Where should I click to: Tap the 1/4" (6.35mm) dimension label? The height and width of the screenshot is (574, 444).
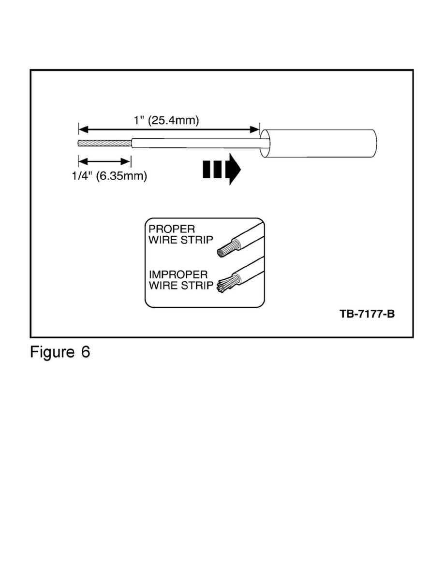click(106, 176)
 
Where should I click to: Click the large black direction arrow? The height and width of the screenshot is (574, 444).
click(222, 170)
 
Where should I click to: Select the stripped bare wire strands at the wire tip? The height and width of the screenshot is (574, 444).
click(104, 143)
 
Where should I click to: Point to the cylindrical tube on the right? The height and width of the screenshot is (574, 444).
click(319, 144)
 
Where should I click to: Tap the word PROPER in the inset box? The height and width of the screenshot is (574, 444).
click(171, 230)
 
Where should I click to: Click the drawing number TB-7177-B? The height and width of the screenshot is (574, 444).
click(367, 314)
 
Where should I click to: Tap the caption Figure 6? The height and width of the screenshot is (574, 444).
click(60, 352)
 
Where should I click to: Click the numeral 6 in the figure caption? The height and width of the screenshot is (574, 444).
click(85, 352)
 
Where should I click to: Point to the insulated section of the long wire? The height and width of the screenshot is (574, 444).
click(193, 143)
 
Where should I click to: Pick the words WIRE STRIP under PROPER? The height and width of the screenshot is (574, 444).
click(180, 240)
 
